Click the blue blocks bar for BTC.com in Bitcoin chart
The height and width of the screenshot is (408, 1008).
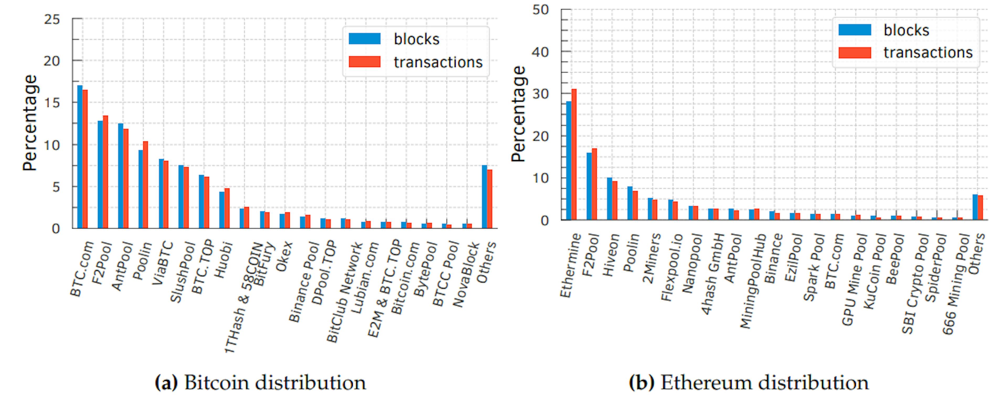[80, 156]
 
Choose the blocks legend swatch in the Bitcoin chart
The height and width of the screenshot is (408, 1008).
[364, 39]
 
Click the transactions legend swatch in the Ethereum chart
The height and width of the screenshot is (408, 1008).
[855, 53]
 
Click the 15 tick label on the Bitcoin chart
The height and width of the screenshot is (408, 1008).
[52, 103]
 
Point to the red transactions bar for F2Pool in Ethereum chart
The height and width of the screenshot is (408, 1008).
[594, 184]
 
